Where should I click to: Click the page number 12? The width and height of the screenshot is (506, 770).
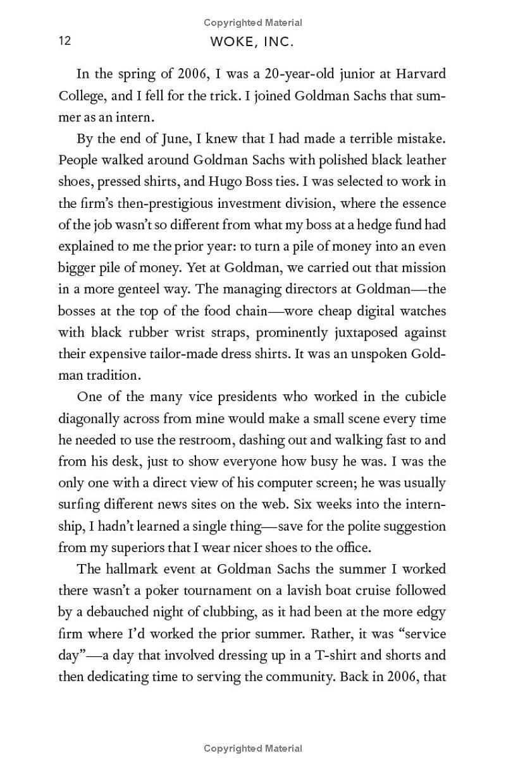point(65,41)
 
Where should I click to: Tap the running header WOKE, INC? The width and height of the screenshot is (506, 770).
point(253,43)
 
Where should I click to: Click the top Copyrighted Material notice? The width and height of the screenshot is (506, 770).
point(253,23)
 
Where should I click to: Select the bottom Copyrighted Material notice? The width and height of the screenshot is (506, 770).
point(253,749)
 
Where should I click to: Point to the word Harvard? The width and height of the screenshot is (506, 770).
point(421,73)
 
